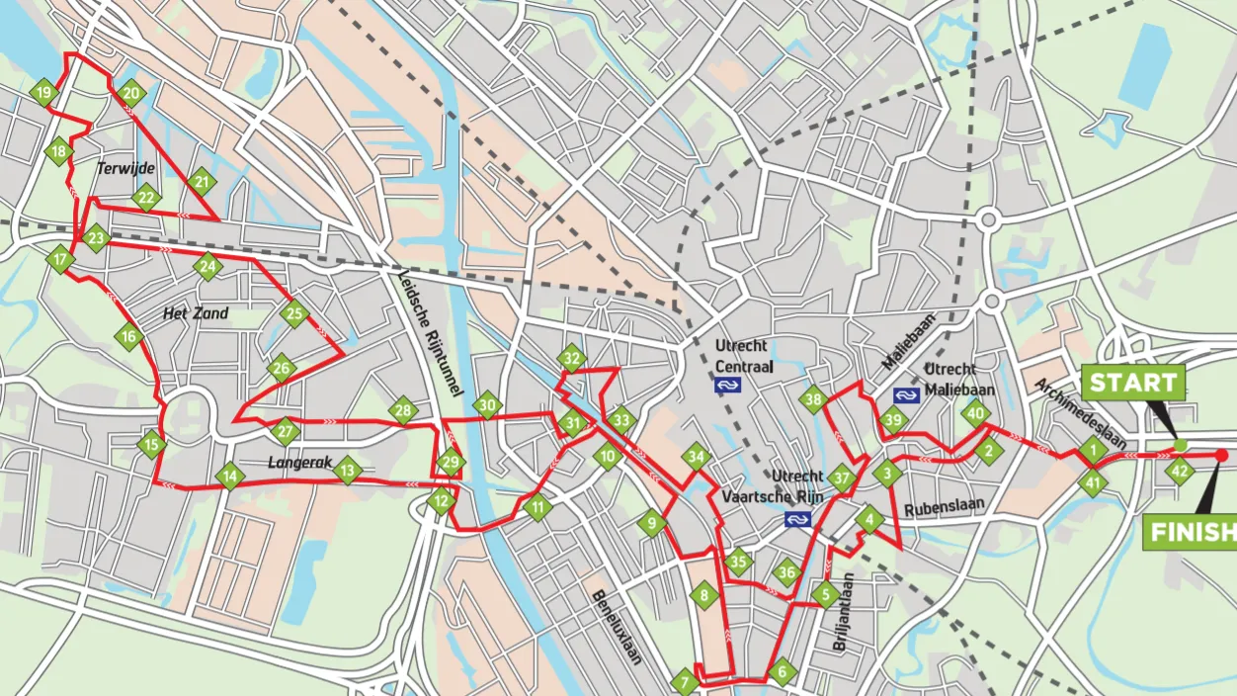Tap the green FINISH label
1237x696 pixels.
pyautogui.click(x=1190, y=533)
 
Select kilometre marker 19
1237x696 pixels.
pyautogui.click(x=42, y=95)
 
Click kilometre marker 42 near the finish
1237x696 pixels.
pyautogui.click(x=1179, y=472)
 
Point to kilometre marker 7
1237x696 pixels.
pyautogui.click(x=684, y=682)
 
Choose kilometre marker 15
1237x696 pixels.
pyautogui.click(x=150, y=444)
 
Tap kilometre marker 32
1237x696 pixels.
pyautogui.click(x=571, y=358)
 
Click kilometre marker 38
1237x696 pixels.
pyautogui.click(x=813, y=400)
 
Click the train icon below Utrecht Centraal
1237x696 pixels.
pyautogui.click(x=728, y=385)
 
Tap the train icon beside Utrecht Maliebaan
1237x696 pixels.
pyautogui.click(x=905, y=394)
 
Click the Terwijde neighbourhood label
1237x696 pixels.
pyautogui.click(x=125, y=169)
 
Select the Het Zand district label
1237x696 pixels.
pyautogui.click(x=195, y=313)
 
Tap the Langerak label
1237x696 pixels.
pyautogui.click(x=295, y=462)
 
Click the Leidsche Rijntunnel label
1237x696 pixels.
pyautogui.click(x=430, y=332)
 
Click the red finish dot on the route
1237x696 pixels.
pyautogui.click(x=1221, y=455)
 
